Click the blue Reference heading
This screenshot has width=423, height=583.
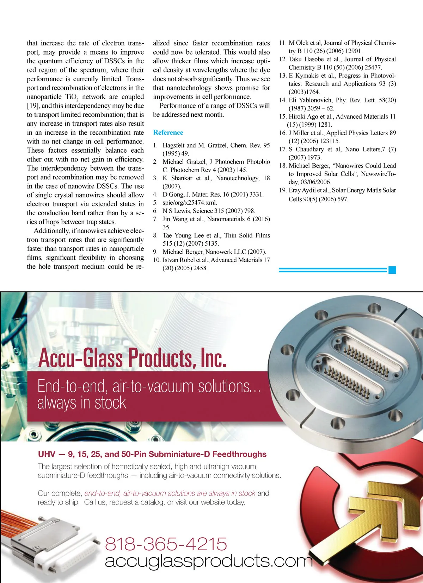click(x=168, y=133)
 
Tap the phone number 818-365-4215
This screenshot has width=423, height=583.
click(x=166, y=544)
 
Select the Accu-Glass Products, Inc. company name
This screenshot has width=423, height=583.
click(x=132, y=358)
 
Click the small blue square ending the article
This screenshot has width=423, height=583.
click(x=392, y=270)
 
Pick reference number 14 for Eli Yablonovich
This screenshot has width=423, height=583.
click(x=283, y=100)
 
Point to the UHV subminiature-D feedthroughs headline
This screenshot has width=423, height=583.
click(x=152, y=454)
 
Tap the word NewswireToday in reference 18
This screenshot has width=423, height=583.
click(x=378, y=174)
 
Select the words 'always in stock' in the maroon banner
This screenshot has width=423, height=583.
click(x=82, y=403)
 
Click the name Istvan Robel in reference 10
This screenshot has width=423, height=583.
click(x=178, y=260)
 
